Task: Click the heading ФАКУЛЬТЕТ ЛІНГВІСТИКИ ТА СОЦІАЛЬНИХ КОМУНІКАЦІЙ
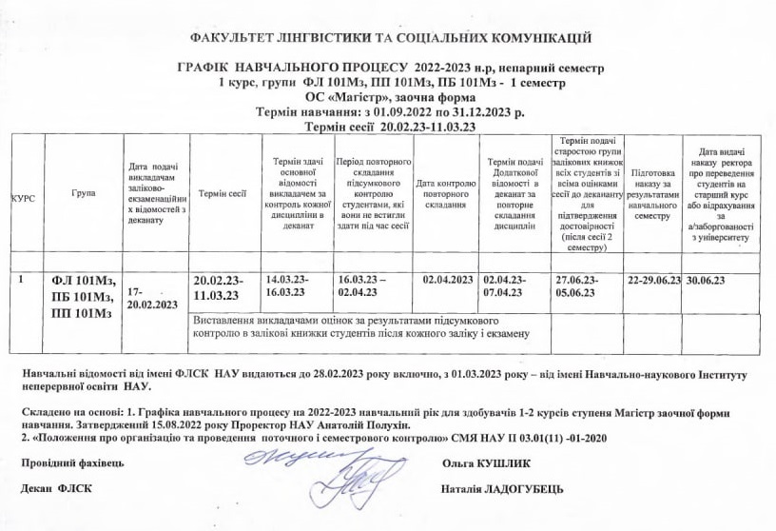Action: pyautogui.click(x=391, y=38)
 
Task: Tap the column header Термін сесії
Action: pyautogui.click(x=223, y=194)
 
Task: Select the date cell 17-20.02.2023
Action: pyautogui.click(x=151, y=297)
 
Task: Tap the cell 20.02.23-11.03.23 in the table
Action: pyautogui.click(x=220, y=288)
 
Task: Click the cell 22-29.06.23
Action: pyautogui.click(x=655, y=281)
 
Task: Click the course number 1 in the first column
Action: pyautogui.click(x=21, y=281)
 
